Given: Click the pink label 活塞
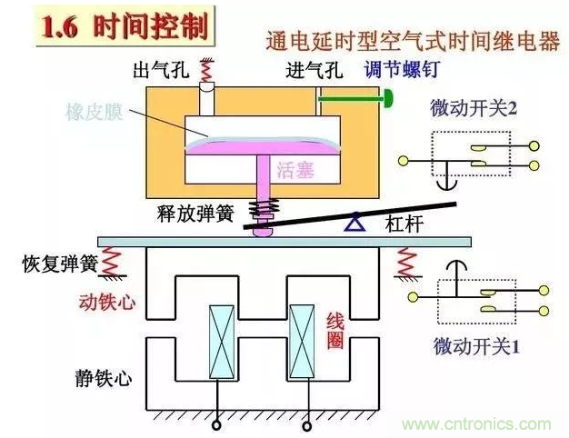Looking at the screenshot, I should click(294, 168).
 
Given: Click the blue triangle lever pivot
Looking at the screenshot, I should click(348, 220).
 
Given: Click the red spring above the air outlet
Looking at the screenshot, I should click(207, 68).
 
